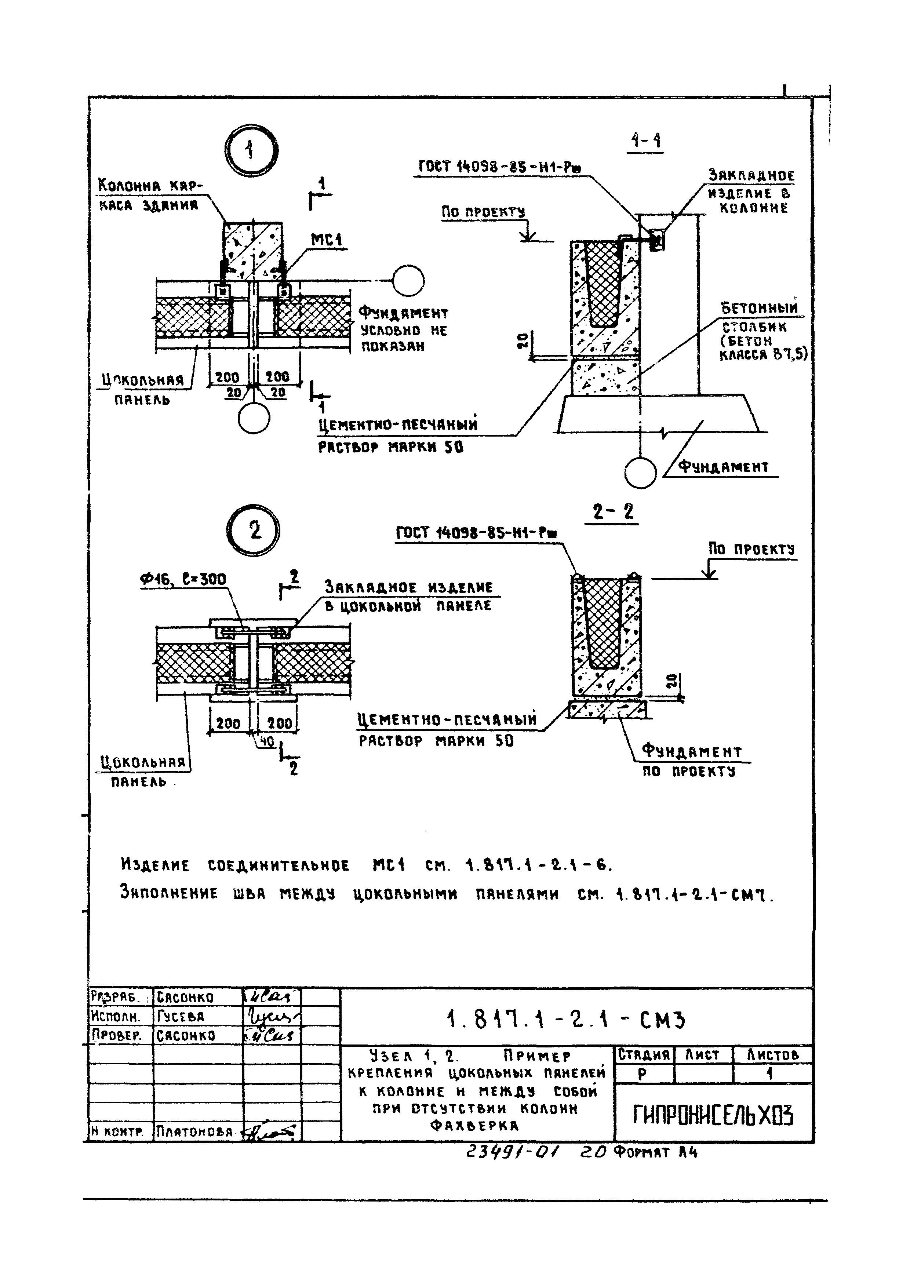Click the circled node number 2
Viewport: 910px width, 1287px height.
click(253, 530)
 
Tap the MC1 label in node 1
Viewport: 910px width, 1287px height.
click(327, 240)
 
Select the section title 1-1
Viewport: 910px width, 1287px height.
click(645, 140)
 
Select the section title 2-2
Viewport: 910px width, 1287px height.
click(613, 512)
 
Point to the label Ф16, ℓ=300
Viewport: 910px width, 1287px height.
click(183, 579)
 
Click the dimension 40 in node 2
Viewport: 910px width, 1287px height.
click(266, 741)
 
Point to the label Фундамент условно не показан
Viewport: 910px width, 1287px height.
click(402, 329)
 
